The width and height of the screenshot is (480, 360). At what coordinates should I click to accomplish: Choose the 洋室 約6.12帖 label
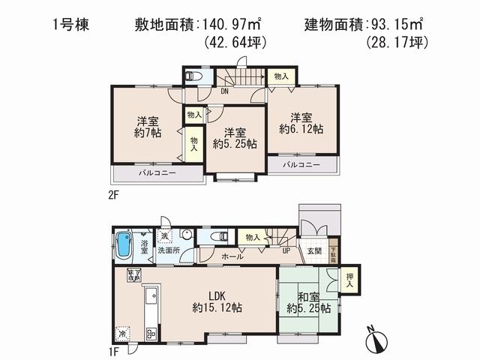(x=301, y=123)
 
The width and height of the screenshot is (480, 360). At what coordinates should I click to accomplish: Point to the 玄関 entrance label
(x=314, y=251)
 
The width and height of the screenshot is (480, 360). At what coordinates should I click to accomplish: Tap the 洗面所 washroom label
(x=168, y=250)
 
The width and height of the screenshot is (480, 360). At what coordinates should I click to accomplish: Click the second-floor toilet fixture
(x=193, y=76)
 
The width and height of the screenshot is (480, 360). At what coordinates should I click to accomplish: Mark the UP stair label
(x=286, y=250)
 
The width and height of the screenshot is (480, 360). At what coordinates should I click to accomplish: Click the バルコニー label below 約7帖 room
(x=157, y=173)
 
